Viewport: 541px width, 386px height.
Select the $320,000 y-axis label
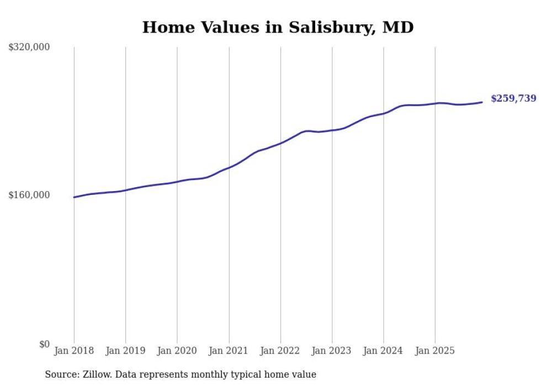coord(29,47)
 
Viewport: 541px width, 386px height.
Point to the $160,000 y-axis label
coord(29,195)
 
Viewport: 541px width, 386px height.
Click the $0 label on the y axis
coord(44,344)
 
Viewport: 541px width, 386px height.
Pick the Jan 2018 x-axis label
coord(74,351)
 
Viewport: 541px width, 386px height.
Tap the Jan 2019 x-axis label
coord(126,351)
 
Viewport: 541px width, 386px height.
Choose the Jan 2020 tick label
coord(177,351)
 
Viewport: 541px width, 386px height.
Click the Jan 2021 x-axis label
coord(229,351)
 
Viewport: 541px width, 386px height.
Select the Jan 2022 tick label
coord(280,351)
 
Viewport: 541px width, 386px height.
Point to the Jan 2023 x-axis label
coord(332,351)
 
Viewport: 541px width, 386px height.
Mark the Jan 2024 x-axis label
coord(384,351)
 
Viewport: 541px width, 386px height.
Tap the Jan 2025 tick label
coord(435,351)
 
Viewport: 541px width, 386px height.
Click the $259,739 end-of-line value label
coord(513,99)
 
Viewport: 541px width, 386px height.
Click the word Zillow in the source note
coord(97,374)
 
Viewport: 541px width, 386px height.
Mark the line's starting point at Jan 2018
coord(74,197)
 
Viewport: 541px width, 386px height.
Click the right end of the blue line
coord(482,102)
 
